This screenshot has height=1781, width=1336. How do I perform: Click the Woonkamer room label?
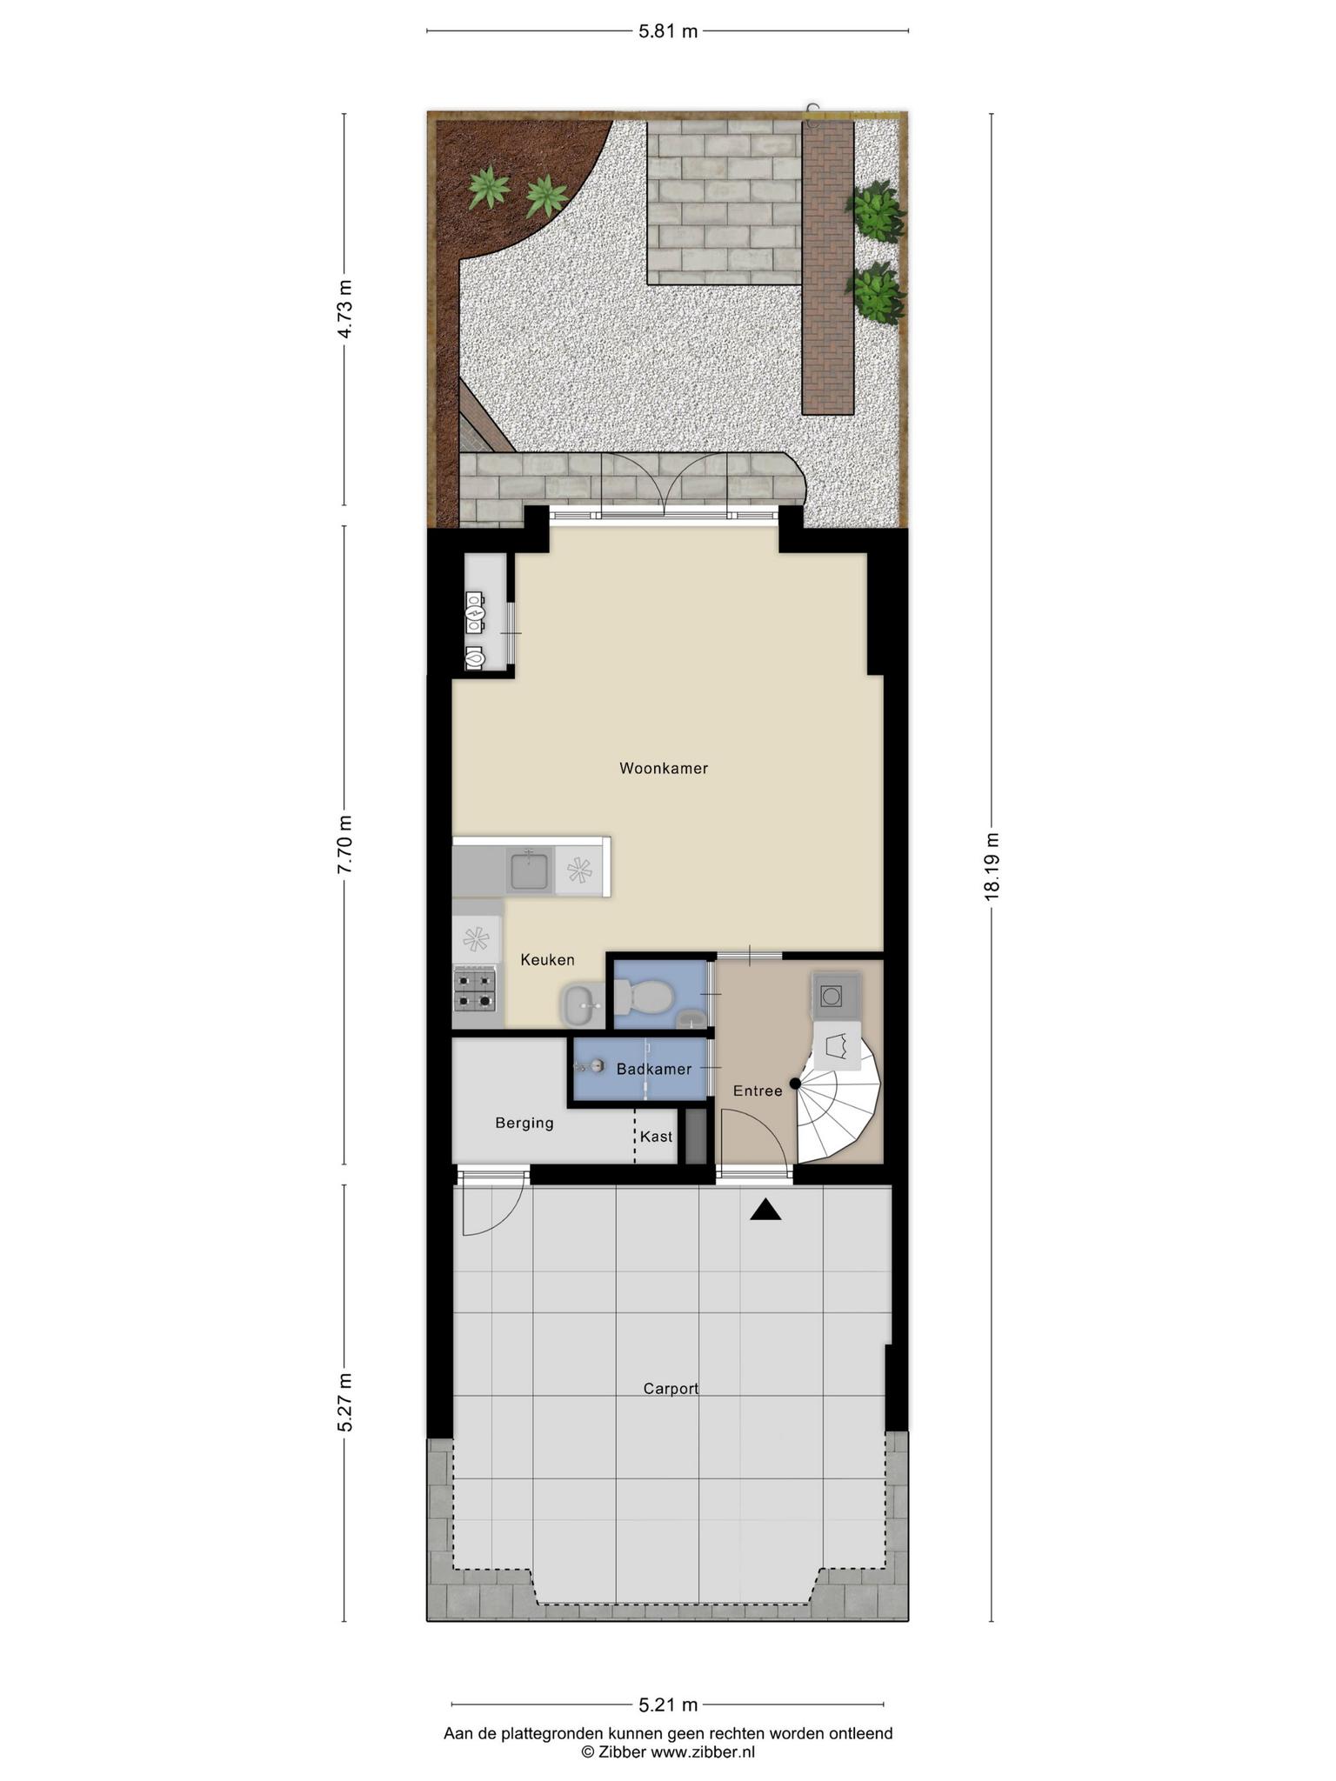664,768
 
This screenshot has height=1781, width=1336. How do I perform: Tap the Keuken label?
547,959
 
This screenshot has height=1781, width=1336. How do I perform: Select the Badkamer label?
654,1069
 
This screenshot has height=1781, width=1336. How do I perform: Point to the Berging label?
524,1123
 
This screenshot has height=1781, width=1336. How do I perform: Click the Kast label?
657,1137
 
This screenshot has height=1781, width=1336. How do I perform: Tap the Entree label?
758,1091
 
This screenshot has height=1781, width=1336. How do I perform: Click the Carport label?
671,1389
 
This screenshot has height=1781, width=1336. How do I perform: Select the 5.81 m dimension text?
668,32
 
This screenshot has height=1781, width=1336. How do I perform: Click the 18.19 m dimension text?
992,867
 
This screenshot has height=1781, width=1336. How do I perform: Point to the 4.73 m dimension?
345,309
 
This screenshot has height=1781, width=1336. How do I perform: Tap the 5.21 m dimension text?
668,1704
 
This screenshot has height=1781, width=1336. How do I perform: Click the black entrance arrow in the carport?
765,1210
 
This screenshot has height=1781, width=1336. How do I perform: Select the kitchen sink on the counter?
529,870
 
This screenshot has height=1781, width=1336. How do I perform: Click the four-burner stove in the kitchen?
475,990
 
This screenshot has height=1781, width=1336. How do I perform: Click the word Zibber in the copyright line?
622,1751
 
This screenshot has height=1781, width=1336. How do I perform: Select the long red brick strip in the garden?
828,266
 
